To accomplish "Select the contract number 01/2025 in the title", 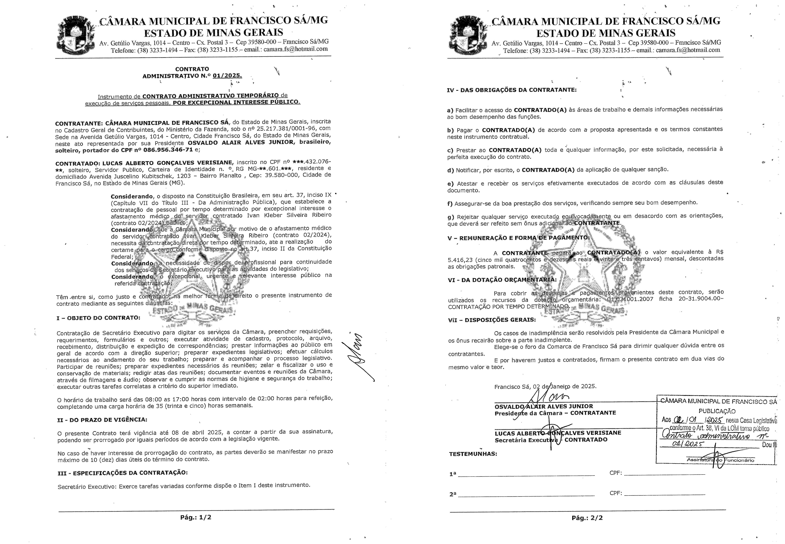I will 227,76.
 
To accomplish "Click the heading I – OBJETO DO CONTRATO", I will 98,318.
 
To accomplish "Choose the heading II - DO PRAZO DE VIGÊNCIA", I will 102,420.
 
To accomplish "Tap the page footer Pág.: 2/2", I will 587,518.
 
